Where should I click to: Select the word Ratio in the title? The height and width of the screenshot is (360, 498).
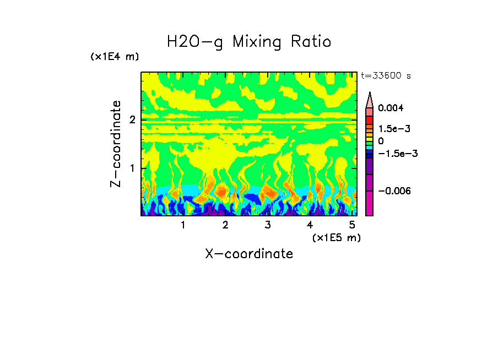(312, 41)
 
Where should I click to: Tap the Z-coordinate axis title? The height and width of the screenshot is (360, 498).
(116, 144)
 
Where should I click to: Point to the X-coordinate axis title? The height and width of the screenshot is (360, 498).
(249, 254)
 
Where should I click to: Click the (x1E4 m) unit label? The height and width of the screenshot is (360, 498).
(115, 57)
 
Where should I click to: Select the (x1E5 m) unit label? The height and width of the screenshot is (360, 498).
(336, 237)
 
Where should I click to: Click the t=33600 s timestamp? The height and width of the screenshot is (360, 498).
(386, 76)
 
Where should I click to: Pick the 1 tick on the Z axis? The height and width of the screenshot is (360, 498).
(132, 168)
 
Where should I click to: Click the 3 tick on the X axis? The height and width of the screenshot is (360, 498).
(267, 225)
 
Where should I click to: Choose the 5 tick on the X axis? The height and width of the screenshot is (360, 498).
(352, 225)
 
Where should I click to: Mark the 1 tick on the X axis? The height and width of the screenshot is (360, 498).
(183, 225)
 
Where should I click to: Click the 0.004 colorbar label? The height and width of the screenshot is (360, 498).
(391, 108)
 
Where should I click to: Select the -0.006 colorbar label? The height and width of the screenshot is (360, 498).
(394, 190)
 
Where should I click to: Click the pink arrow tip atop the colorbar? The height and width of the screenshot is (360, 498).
(370, 99)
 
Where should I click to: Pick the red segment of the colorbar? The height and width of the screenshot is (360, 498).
(370, 119)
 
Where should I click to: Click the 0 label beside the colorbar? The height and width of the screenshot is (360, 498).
(381, 141)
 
